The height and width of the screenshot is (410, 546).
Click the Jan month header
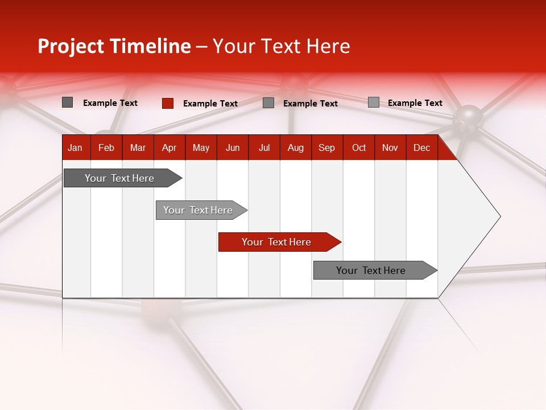(75, 147)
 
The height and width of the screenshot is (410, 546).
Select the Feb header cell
(106, 147)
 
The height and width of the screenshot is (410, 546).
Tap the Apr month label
(169, 147)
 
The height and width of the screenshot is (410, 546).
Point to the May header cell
(201, 147)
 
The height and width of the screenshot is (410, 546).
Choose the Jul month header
(264, 147)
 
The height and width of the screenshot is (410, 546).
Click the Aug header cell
(296, 147)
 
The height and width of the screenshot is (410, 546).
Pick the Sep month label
(326, 147)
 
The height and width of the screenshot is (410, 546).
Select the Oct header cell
(359, 147)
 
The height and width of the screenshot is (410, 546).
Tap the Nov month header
(390, 147)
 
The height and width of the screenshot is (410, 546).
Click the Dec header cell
(421, 147)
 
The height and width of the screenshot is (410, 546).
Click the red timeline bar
(276, 242)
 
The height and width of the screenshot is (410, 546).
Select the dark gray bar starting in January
(119, 178)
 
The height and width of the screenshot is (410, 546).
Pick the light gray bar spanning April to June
(198, 210)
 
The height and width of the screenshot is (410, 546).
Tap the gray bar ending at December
(371, 270)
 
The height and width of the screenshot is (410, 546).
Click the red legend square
(168, 103)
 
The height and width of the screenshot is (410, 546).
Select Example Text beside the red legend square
(210, 104)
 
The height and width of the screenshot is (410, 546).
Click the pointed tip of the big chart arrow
(499, 216)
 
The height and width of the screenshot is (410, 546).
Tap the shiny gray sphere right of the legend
(468, 117)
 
